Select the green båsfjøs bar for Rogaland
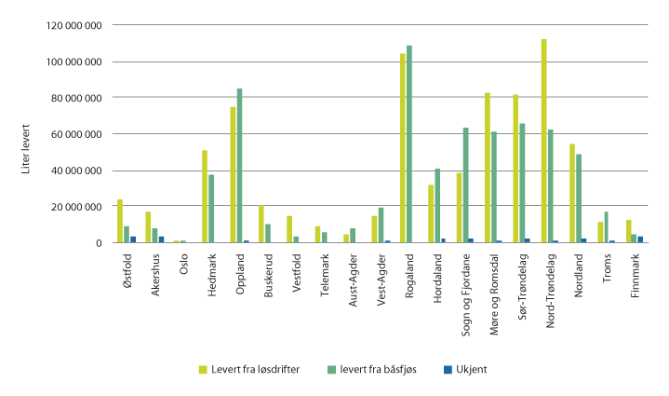point(409,143)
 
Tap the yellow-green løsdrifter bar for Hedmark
point(205,196)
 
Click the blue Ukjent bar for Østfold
point(134,239)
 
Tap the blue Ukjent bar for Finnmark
point(640,239)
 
